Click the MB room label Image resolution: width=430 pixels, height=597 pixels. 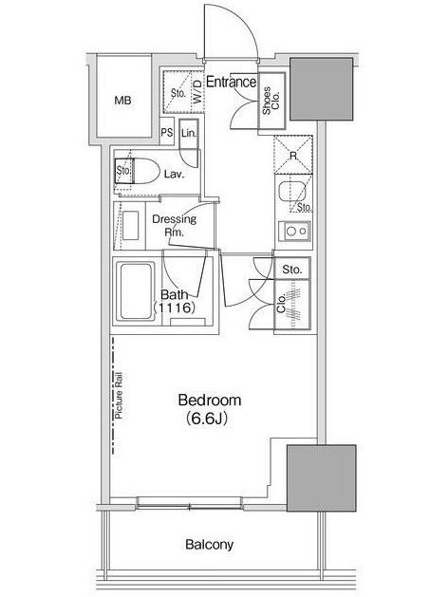pos(123,101)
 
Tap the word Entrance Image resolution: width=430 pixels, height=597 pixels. pos(232,82)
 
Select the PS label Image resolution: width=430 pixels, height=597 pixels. pos(166,132)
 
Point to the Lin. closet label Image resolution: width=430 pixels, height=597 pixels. pos(189,133)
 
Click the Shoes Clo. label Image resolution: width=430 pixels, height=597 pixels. pos(271,101)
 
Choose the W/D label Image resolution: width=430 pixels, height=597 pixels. pos(197,92)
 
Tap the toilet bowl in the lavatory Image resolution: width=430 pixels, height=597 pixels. pos(146,172)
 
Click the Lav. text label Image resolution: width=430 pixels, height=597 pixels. pos(175,175)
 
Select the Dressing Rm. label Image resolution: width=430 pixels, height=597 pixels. pos(174,225)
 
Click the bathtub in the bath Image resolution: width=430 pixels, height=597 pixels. pos(135,291)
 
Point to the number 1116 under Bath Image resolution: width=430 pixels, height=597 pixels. pos(175,308)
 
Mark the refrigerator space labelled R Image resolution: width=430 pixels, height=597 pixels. pos(293,155)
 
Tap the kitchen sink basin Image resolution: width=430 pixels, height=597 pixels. pos(292,192)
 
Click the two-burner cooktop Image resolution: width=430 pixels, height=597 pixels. pos(294,231)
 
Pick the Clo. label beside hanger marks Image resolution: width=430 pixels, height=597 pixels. pos(281,305)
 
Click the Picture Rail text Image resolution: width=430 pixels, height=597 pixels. pos(119,396)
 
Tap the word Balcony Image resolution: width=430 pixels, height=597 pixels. pos(209,545)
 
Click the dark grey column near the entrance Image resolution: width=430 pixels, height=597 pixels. pos(322,89)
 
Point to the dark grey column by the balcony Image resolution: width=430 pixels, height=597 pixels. pos(322,477)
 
